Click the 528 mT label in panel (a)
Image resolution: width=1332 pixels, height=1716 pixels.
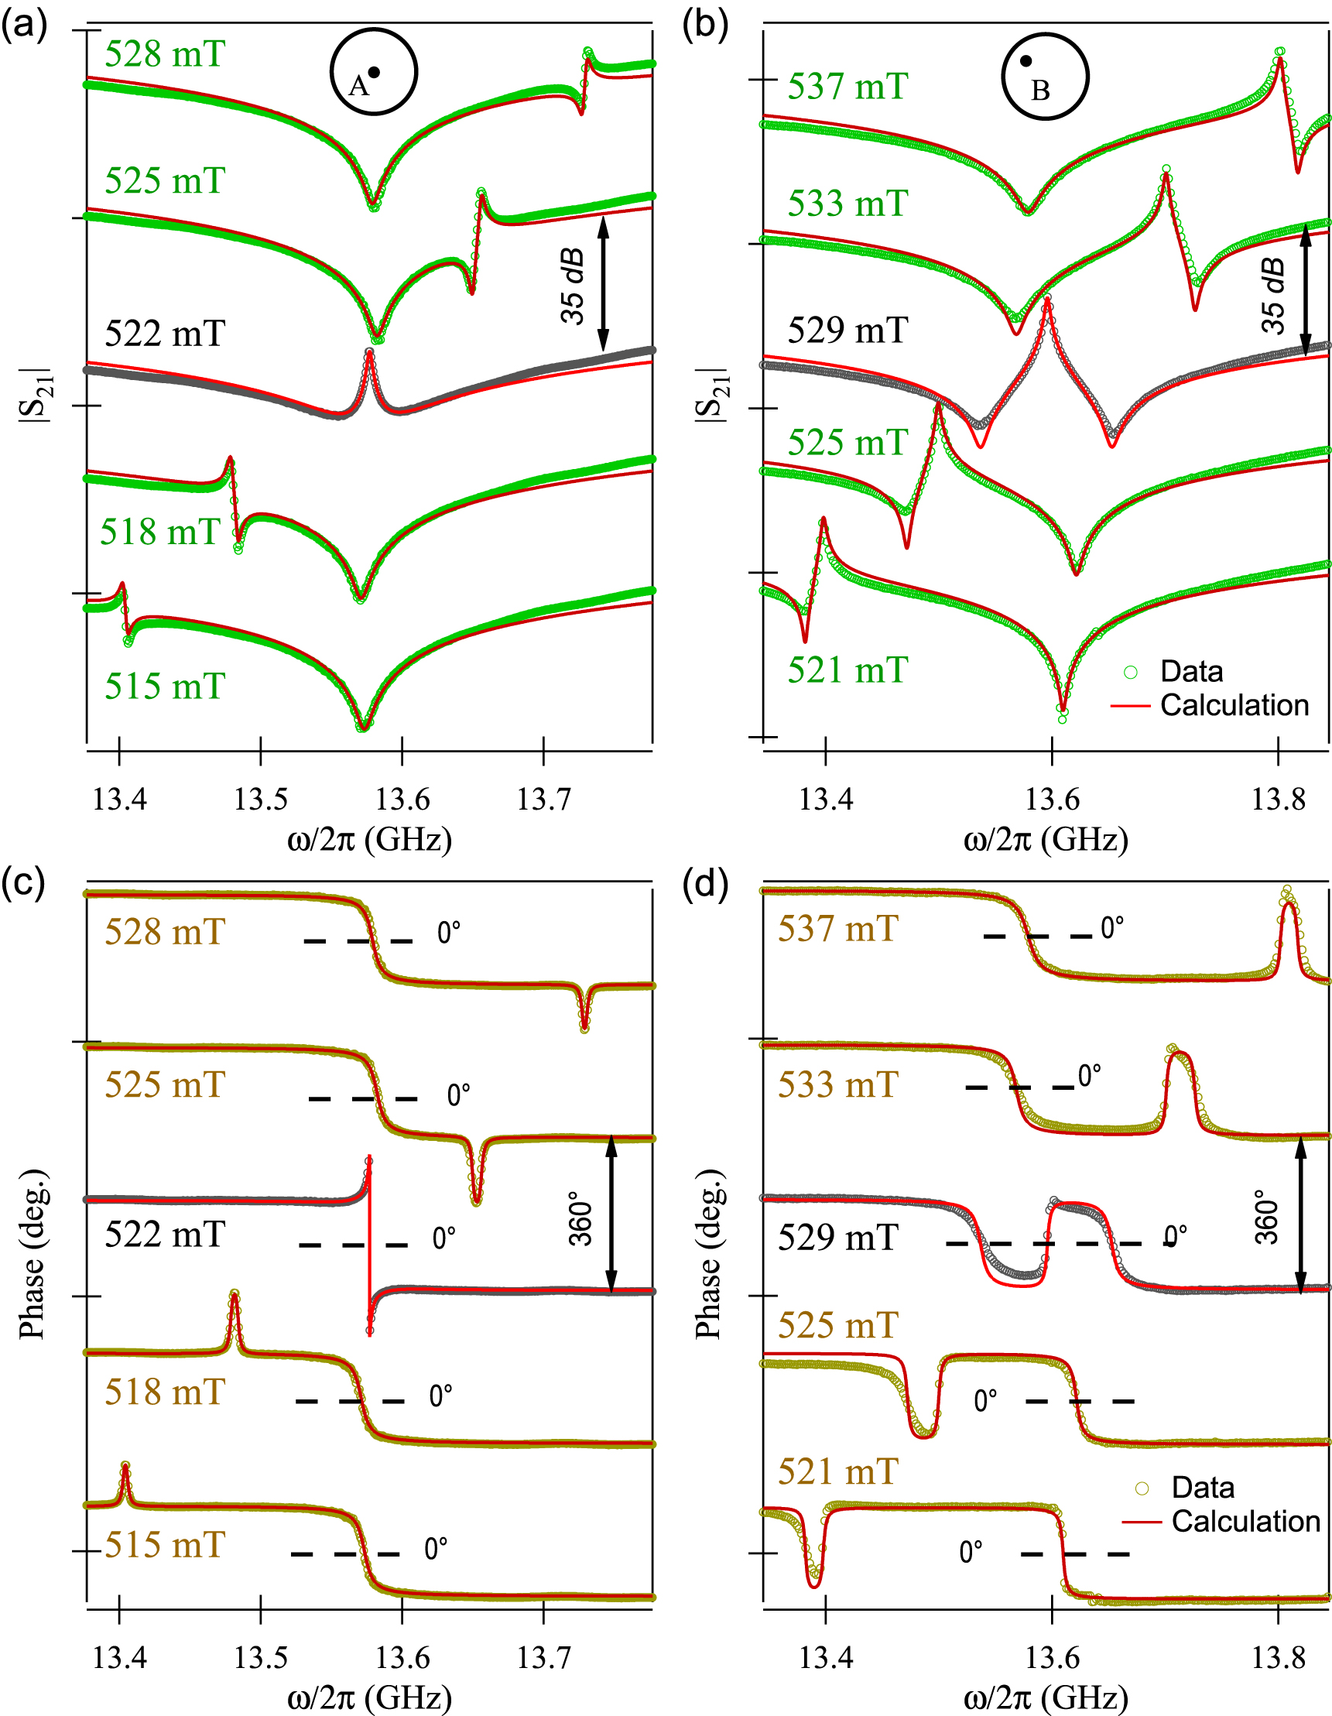tap(165, 55)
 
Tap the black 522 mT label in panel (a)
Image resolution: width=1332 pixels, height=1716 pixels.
tap(165, 334)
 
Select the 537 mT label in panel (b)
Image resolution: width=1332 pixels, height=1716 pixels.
tap(848, 87)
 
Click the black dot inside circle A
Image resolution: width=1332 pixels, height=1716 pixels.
tap(374, 72)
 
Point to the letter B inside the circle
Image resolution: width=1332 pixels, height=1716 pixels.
tap(1040, 91)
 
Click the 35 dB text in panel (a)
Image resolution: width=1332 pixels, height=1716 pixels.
tap(574, 286)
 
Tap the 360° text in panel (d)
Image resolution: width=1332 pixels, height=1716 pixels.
tap(1267, 1217)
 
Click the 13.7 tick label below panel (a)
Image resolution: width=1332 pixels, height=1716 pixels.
tap(543, 799)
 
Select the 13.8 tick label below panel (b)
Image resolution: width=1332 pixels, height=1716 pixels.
tap(1278, 799)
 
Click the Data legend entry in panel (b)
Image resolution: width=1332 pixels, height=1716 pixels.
tap(1191, 672)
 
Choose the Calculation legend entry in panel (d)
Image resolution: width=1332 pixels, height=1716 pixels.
tap(1245, 1521)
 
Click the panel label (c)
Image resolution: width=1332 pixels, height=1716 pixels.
tap(23, 883)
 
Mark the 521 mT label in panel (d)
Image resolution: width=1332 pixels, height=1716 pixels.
tap(837, 1471)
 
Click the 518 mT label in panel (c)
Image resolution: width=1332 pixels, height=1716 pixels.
tap(165, 1392)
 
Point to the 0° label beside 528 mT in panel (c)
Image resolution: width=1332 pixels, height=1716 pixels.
tap(449, 933)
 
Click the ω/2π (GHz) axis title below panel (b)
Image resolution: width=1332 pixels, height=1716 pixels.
tap(1046, 840)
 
